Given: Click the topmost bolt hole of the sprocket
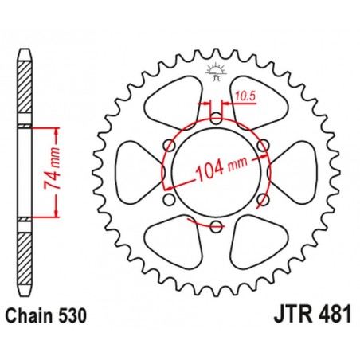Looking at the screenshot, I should [216, 119].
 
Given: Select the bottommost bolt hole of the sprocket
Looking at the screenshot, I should [216, 227].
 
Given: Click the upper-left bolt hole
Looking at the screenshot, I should [169, 146].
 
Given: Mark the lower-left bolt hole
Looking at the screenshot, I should [169, 200].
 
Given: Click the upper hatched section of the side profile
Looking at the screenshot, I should [25, 88].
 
